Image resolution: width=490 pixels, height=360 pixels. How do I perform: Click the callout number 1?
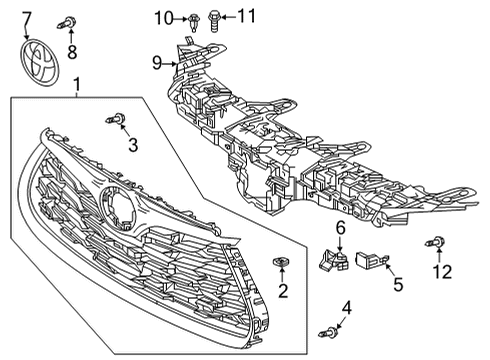click(x=78, y=89)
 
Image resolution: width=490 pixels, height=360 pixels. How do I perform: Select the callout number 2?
click(x=283, y=292)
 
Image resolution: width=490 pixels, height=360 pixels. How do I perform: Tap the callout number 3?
click(x=132, y=146)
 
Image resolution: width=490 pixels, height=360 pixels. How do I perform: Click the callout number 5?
click(x=397, y=283)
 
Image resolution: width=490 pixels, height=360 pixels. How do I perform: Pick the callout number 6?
click(x=340, y=229)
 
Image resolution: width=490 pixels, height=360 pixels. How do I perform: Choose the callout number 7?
click(x=27, y=17)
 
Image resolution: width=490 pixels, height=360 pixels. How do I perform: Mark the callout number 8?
click(x=71, y=51)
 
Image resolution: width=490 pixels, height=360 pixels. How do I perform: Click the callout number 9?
click(x=156, y=62)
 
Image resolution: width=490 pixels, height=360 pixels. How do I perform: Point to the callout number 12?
click(x=441, y=272)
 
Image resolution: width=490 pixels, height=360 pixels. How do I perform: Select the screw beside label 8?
click(x=71, y=21)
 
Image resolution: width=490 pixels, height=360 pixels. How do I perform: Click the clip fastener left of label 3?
click(x=115, y=121)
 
